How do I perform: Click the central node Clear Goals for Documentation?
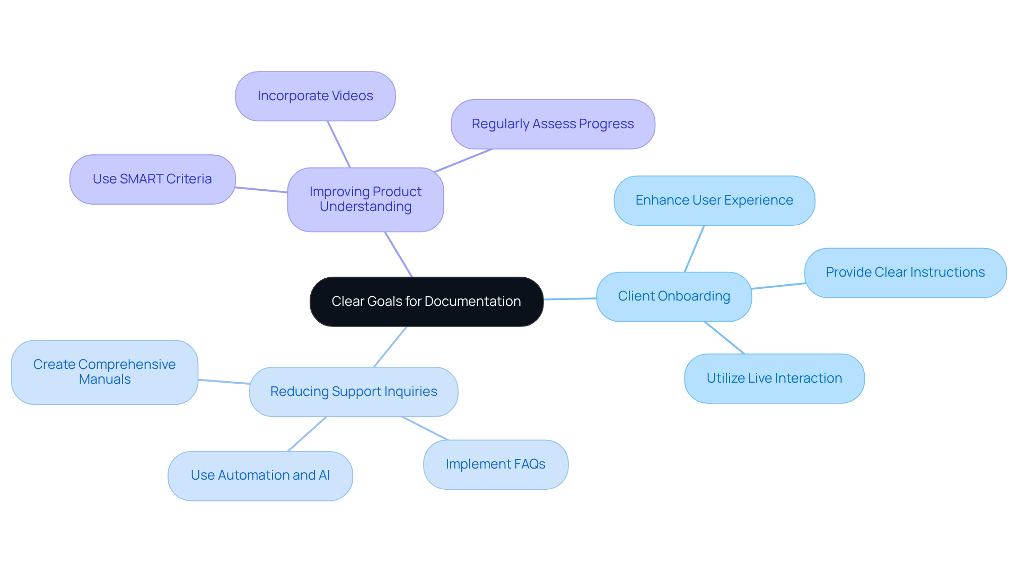pos(426,301)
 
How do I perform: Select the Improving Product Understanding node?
pos(365,199)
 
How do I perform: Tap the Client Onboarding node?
pos(673,296)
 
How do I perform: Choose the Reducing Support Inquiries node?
pos(354,392)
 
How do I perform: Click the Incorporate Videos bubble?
pos(315,96)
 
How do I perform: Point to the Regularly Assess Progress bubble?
pos(552,124)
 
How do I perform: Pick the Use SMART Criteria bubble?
pos(152,179)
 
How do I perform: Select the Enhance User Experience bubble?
pos(714,200)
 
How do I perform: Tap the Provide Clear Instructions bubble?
pos(905,272)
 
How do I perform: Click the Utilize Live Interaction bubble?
pos(774,378)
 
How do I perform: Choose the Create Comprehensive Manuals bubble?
pos(104,372)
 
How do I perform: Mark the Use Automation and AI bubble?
pos(260,475)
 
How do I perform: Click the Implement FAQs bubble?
pos(495,464)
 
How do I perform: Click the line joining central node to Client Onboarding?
pos(570,299)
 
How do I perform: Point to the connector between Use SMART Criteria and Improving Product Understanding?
pos(261,190)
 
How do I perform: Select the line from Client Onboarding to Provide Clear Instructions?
pos(778,286)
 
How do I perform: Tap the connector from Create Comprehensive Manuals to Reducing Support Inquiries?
pos(224,382)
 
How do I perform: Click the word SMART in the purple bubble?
pos(142,179)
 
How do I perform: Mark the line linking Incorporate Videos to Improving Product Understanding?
pos(339,144)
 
